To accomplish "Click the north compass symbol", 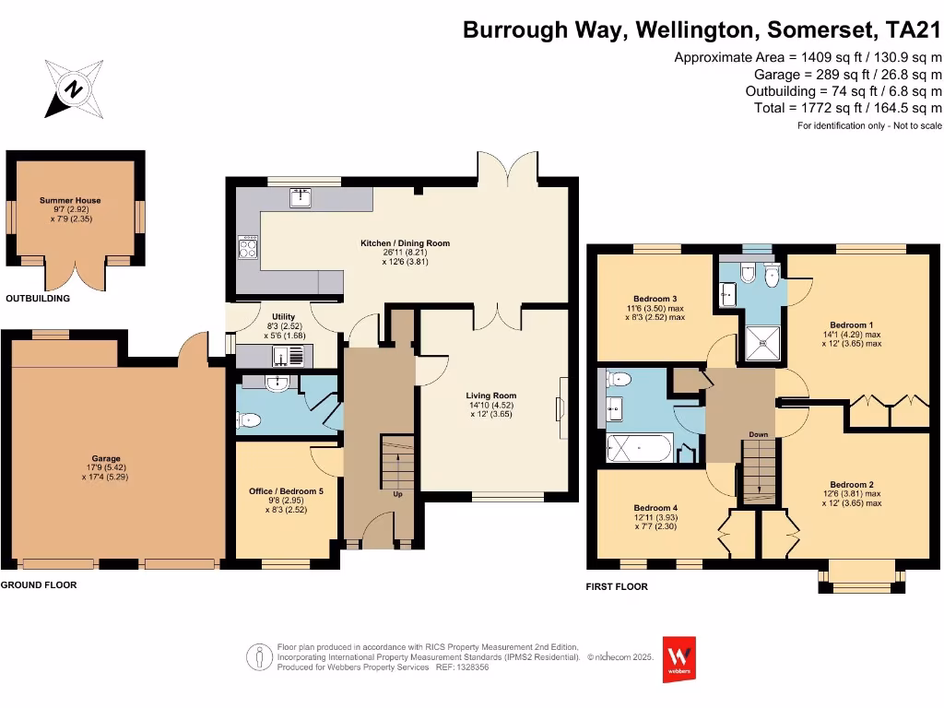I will [x=74, y=88].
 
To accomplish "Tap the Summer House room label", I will [x=70, y=200].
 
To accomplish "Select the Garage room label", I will [x=105, y=458].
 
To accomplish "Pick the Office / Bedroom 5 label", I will [x=286, y=491].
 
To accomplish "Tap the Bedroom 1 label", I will [x=851, y=324].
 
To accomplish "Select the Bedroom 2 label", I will [x=851, y=485].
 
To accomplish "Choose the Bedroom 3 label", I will [x=655, y=299].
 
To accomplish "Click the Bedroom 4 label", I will [x=655, y=508].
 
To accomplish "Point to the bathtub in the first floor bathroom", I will [x=640, y=450].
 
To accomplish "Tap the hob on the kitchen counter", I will [x=248, y=246].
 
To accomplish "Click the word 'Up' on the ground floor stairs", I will [x=398, y=494].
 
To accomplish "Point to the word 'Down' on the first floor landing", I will [x=758, y=434].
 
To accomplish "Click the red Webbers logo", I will [x=679, y=659].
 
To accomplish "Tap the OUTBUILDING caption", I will [x=38, y=299].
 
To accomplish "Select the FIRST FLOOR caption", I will [x=617, y=586].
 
